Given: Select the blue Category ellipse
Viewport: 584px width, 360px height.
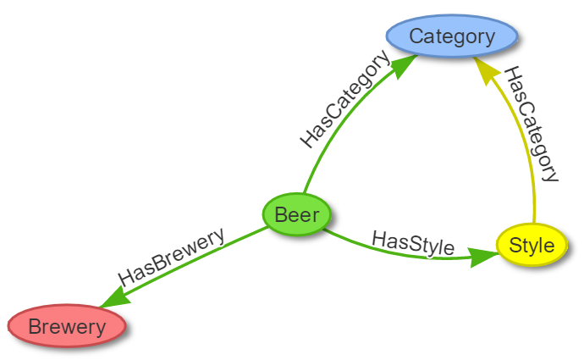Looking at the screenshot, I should click(451, 37).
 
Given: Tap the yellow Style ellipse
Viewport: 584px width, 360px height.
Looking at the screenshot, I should click(532, 246).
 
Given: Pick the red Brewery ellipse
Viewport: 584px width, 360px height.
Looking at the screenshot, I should click(67, 326).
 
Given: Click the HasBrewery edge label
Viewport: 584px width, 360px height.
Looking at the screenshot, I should click(172, 257).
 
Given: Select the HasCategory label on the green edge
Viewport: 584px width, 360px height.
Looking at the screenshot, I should click(345, 101).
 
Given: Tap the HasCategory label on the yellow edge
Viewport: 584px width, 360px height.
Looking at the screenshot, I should click(531, 124).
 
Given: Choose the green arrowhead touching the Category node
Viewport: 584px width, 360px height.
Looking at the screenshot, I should click(405, 65).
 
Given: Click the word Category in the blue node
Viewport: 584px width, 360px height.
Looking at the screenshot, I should click(451, 37).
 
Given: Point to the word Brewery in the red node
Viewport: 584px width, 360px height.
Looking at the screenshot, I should click(67, 326).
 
